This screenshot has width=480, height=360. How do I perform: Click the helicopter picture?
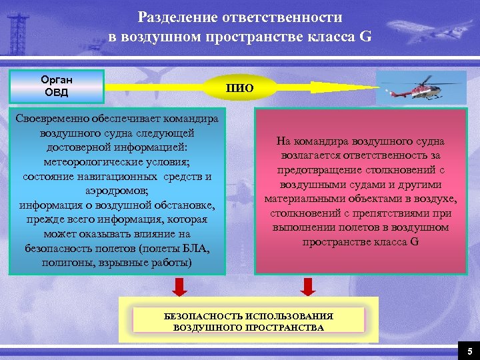pyautogui.click(x=421, y=87)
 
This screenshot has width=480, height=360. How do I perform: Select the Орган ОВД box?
pyautogui.click(x=56, y=86)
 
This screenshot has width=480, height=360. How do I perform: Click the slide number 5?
pyautogui.click(x=469, y=351)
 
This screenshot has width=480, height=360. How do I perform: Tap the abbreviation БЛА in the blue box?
pyautogui.click(x=195, y=249)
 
